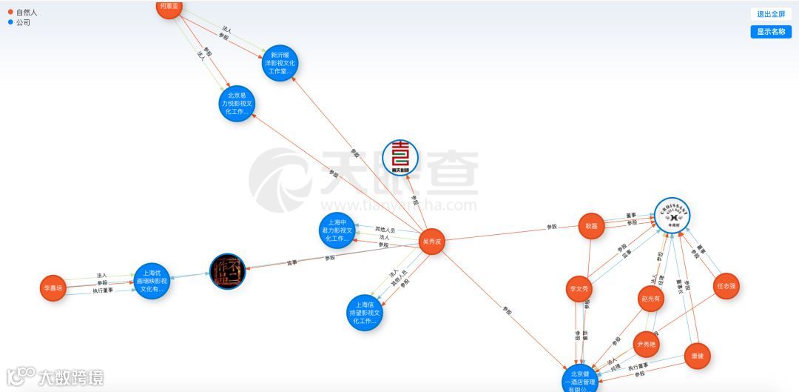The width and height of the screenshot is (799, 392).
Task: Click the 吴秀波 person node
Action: pos(431,242)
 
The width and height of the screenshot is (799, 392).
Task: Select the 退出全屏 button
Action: pos(770,14)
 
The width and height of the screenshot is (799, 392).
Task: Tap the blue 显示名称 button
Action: pos(770,32)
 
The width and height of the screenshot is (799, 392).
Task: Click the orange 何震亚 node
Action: pos(170,7)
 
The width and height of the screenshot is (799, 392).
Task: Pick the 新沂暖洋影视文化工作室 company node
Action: pos(280,63)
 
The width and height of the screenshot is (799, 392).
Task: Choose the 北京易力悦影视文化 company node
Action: pos(237,104)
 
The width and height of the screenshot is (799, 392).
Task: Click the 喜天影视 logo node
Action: pos(400,158)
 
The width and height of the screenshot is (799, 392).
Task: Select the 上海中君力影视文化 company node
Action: pos(337,230)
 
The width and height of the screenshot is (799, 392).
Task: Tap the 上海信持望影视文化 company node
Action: pos(365,313)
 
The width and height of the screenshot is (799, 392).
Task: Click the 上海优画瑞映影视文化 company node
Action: pos(152,282)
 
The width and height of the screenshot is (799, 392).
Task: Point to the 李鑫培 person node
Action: pos(53,288)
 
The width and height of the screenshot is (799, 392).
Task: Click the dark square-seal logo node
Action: pos(227,272)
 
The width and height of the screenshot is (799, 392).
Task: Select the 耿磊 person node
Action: pos(591,226)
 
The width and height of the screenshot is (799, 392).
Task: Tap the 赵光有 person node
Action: pos(650,299)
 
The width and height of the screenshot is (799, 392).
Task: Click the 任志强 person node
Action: pos(726,286)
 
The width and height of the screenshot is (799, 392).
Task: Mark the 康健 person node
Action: pos(697,356)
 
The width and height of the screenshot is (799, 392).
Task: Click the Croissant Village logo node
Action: pos(672,216)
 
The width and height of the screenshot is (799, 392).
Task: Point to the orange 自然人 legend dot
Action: pos(10,12)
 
